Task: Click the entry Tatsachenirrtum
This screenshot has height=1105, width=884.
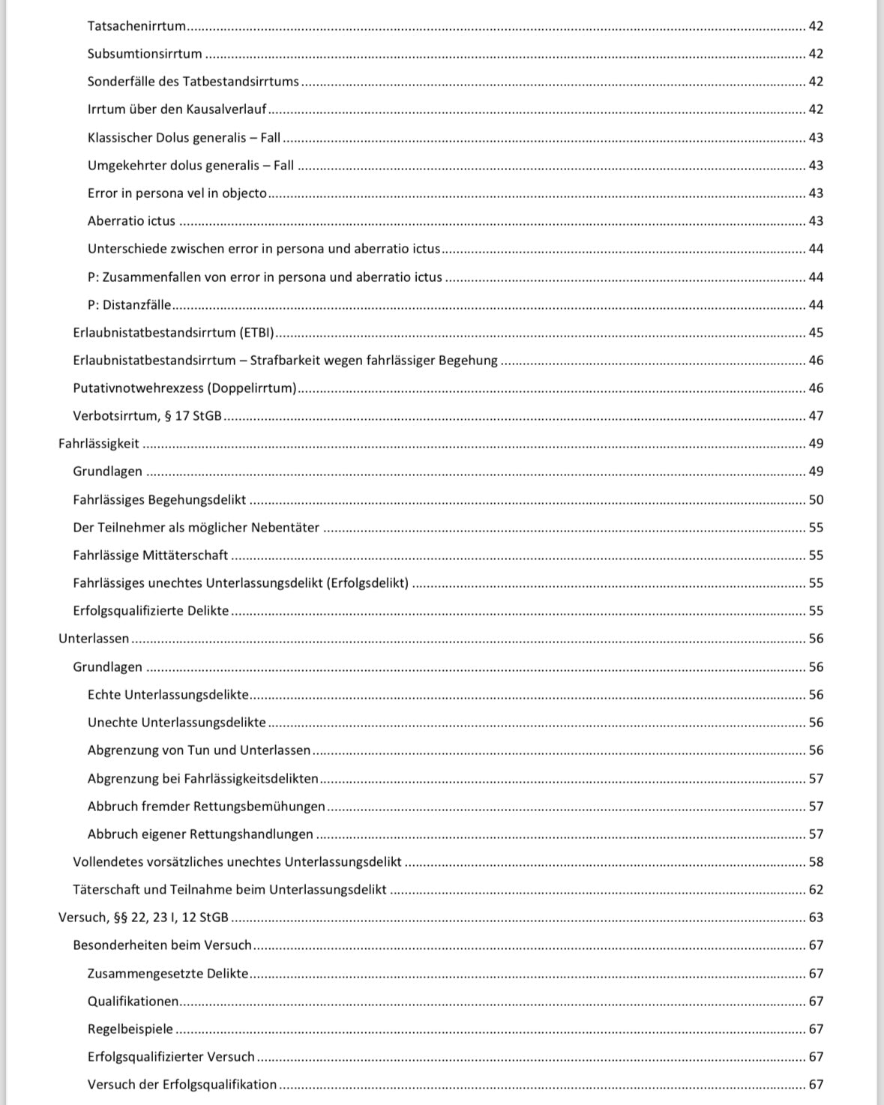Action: [x=136, y=26]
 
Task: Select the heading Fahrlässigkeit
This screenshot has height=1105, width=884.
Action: [x=99, y=444]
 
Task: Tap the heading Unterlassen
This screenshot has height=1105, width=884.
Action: [x=94, y=639]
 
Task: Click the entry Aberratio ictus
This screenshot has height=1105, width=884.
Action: [x=131, y=221]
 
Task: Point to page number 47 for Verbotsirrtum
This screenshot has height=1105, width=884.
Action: [x=816, y=416]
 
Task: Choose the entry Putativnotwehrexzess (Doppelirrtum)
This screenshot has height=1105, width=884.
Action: [x=184, y=388]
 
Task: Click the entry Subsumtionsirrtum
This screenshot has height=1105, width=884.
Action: [x=145, y=54]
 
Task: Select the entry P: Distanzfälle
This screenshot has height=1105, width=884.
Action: [x=129, y=305]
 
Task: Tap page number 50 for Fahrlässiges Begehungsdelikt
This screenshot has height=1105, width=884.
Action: [x=816, y=500]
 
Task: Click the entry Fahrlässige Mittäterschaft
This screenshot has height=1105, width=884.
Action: [x=150, y=555]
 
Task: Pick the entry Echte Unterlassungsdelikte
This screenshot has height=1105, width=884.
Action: [x=168, y=695]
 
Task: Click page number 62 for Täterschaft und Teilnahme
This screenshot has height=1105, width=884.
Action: [x=816, y=890]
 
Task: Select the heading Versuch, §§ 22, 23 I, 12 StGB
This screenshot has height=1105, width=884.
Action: [x=143, y=918]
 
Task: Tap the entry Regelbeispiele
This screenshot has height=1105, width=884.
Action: [x=130, y=1029]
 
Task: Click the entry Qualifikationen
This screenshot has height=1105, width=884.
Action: [x=133, y=1002]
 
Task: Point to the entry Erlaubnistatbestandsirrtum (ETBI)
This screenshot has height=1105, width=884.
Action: [x=173, y=333]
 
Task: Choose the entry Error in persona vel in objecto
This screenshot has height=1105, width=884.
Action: [x=177, y=193]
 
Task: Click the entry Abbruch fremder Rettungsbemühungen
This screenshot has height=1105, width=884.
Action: [x=206, y=807]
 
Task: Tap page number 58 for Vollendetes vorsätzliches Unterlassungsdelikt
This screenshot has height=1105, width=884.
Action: [x=816, y=862]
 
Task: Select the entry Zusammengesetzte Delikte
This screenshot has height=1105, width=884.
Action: [x=167, y=974]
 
